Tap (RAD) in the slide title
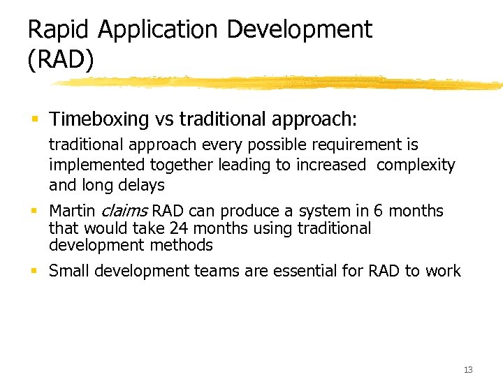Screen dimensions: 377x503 [60, 61]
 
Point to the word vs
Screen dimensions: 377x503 [164, 119]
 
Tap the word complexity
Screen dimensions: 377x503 [416, 165]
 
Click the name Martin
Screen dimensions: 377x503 [72, 211]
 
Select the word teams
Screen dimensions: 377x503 [224, 271]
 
